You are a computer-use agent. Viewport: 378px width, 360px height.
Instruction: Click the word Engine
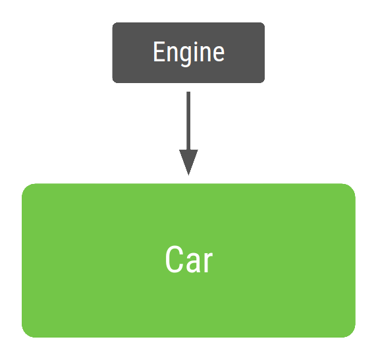(188, 53)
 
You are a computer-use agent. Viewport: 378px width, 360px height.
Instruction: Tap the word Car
(189, 260)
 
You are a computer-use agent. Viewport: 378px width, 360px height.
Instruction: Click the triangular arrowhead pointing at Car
(188, 162)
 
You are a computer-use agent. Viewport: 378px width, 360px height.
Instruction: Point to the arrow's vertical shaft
(188, 119)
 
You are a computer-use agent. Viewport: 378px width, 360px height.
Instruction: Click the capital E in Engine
(158, 53)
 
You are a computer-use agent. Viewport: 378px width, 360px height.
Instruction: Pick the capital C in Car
(173, 260)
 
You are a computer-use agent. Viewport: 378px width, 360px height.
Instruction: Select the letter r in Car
(207, 262)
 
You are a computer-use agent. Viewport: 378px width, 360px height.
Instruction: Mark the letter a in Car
(193, 262)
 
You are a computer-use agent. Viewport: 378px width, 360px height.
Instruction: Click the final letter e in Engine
(219, 54)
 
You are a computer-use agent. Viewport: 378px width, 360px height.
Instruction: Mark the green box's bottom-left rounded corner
(27, 332)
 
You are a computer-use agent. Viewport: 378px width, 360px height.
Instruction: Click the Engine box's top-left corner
(115, 25)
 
